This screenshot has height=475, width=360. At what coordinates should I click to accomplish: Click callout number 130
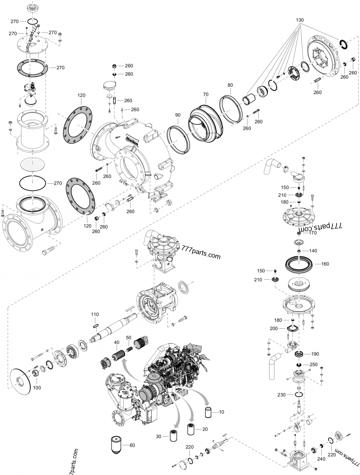point(300,21)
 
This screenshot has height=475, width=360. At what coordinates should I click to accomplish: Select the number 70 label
point(206,95)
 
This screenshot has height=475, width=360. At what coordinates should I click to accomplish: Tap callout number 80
point(230,85)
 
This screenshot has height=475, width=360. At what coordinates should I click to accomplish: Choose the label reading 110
point(95,314)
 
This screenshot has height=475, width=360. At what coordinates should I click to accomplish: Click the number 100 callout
point(37,388)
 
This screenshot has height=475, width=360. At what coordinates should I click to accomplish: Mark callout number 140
point(312,250)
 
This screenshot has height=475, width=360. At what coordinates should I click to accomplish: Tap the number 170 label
point(312,233)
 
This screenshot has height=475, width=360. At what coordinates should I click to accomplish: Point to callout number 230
point(281,395)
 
